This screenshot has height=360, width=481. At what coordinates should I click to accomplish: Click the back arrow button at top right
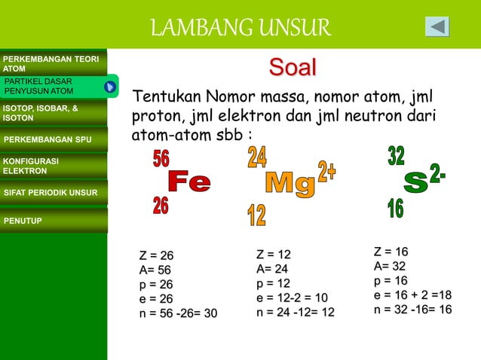click(437, 26)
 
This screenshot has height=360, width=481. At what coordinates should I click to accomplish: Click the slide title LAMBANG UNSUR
click(240, 28)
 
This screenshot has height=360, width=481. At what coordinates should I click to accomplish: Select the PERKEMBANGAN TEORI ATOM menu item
click(53, 63)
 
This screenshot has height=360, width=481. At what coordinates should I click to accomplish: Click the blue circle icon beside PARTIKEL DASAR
click(110, 87)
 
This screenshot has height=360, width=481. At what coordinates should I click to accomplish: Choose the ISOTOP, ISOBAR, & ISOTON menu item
click(53, 113)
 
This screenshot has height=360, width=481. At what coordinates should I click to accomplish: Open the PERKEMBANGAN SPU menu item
click(53, 139)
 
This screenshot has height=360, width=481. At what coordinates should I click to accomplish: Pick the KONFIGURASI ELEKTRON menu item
click(53, 166)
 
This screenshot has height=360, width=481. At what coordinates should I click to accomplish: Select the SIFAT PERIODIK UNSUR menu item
click(53, 193)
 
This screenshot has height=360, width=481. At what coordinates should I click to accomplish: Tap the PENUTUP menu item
click(53, 221)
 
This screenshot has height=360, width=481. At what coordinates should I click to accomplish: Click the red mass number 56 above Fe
click(161, 159)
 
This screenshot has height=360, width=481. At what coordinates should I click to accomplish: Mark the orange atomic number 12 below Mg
click(256, 216)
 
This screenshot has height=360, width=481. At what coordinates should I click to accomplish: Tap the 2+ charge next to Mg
click(327, 171)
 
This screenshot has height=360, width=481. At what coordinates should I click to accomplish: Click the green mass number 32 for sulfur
click(396, 156)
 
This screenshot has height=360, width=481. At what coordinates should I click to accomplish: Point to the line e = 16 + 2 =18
click(412, 295)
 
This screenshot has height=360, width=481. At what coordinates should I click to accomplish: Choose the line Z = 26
click(156, 255)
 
